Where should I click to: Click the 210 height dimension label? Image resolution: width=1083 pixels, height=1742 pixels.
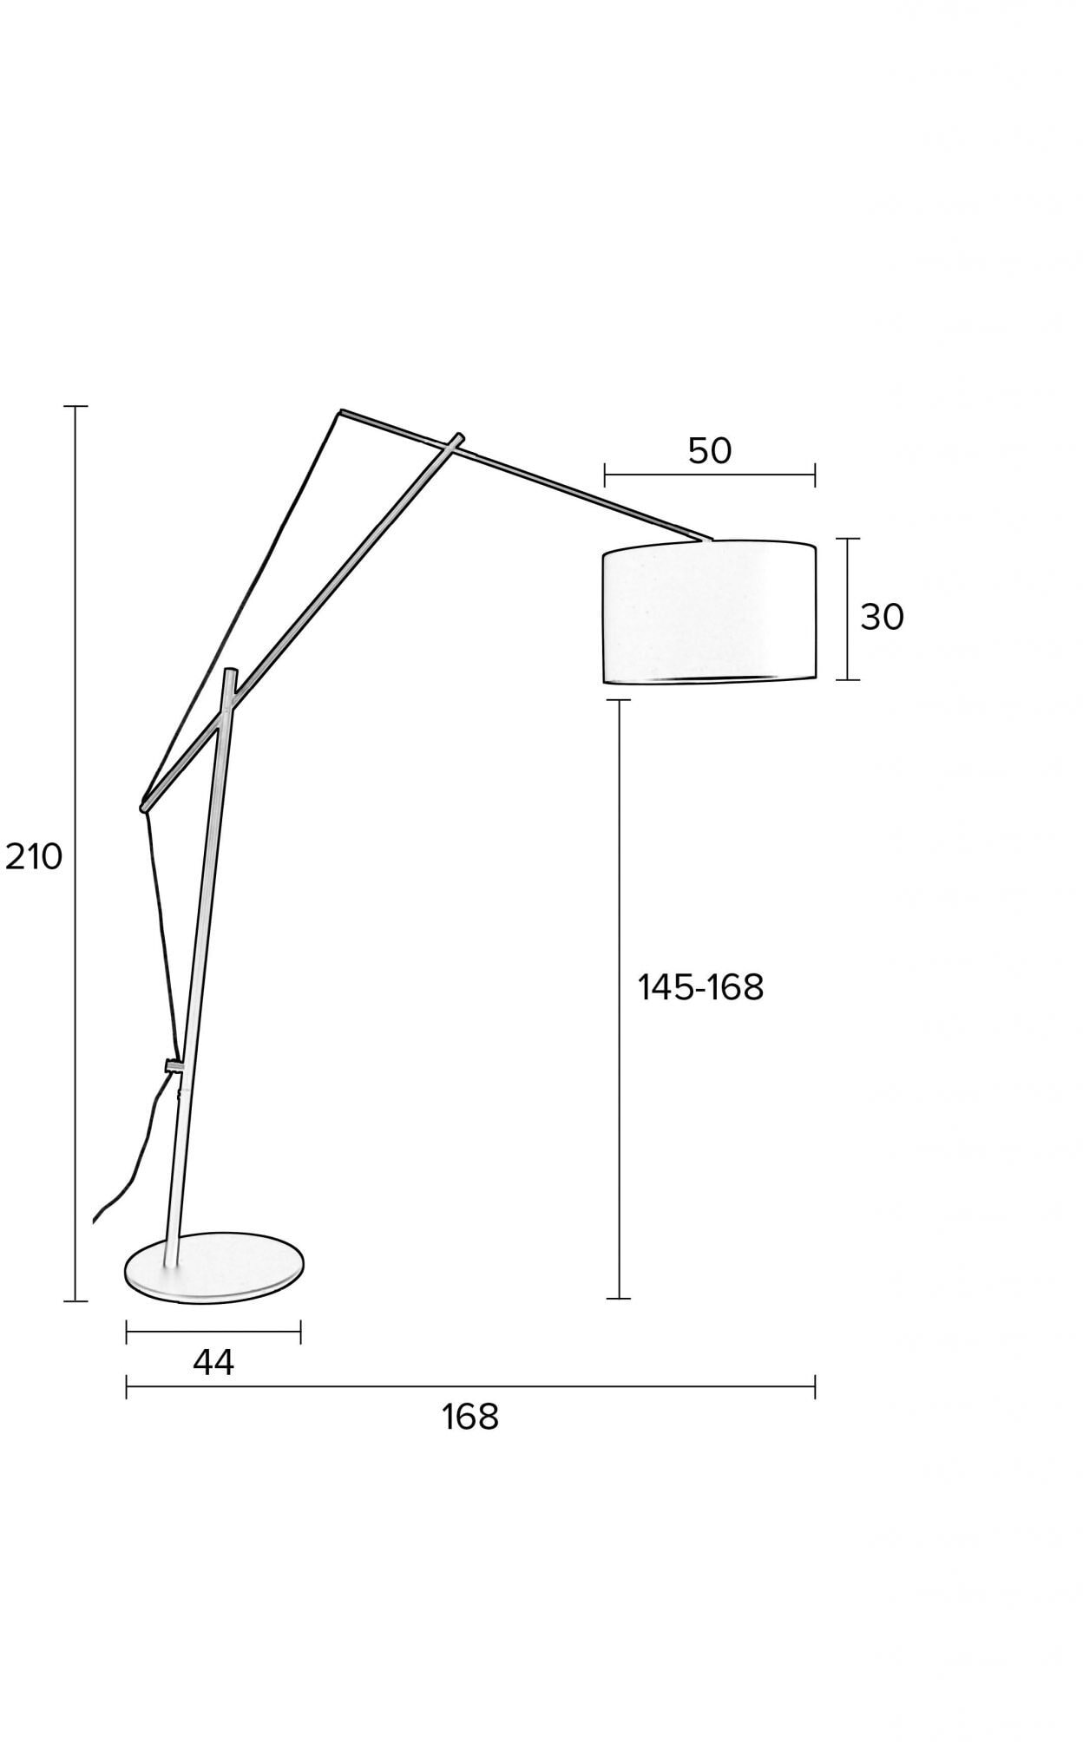click(35, 857)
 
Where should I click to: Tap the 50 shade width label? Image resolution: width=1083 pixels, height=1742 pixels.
click(710, 451)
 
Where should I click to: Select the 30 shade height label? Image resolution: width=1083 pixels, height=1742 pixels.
click(883, 617)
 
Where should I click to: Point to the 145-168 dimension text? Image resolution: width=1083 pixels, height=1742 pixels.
click(701, 987)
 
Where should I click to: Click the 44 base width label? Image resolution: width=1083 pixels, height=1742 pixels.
click(213, 1363)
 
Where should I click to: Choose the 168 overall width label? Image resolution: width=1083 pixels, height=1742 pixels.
click(470, 1418)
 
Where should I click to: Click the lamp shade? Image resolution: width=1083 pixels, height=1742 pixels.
click(709, 613)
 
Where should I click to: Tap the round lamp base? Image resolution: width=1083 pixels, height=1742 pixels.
click(214, 1267)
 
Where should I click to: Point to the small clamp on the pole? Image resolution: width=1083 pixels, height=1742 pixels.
click(174, 1065)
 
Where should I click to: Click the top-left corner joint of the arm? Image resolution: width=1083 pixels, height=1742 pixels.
click(341, 412)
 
